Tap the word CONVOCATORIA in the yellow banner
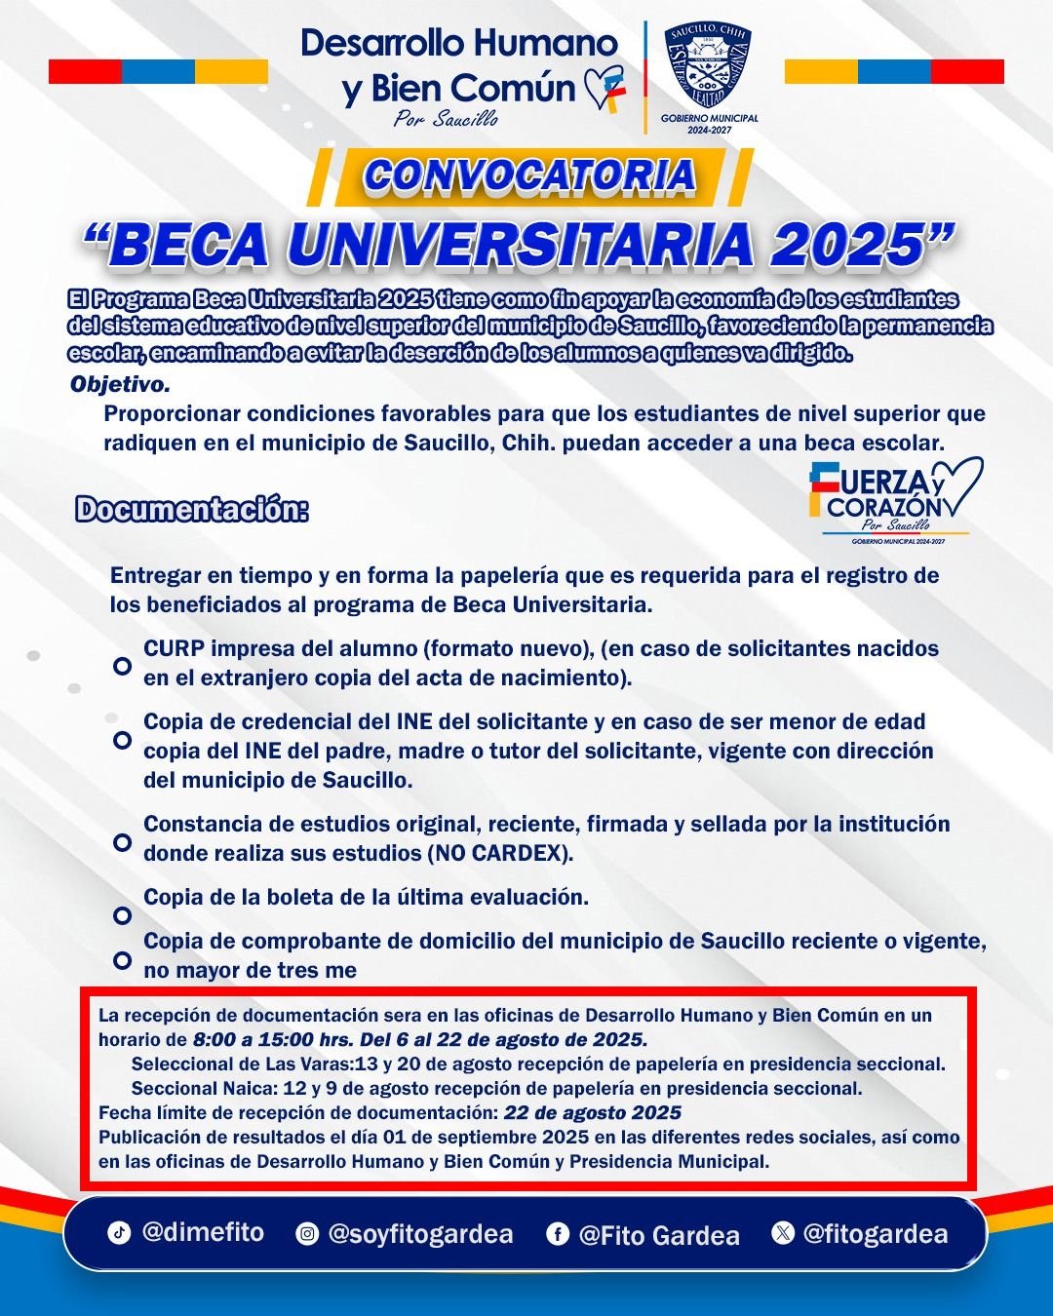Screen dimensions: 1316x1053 (529, 174)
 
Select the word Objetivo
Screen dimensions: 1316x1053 (120, 384)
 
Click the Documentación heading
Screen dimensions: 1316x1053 (192, 510)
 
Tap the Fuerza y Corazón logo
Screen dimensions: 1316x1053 (895, 499)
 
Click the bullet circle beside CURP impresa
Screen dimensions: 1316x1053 (122, 666)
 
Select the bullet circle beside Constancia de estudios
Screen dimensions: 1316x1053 (122, 841)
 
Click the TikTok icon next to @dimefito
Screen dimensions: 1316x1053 (119, 1232)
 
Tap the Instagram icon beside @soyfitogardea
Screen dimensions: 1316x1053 (307, 1234)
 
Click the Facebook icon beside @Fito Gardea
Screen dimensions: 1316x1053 (557, 1234)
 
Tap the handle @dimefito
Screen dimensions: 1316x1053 (203, 1232)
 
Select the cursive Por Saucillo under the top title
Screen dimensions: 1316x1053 (445, 120)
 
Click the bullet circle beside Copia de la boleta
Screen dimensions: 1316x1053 (122, 915)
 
